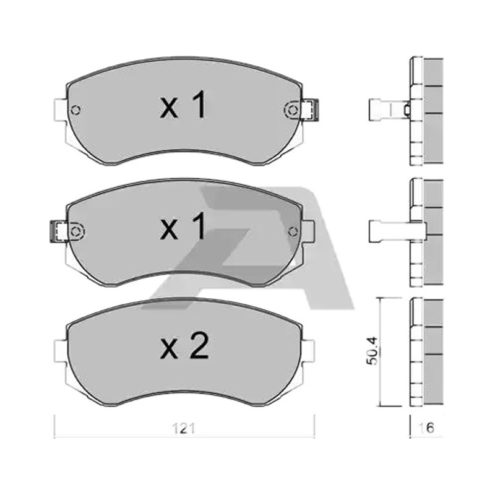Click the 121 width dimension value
point(184,428)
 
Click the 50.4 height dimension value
point(372,351)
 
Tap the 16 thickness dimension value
point(426,428)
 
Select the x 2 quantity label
point(184,346)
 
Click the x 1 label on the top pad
point(183,105)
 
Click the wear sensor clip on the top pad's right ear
point(310,110)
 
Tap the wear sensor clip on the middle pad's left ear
point(59,231)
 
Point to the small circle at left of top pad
point(75,110)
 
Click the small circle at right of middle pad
point(293,231)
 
